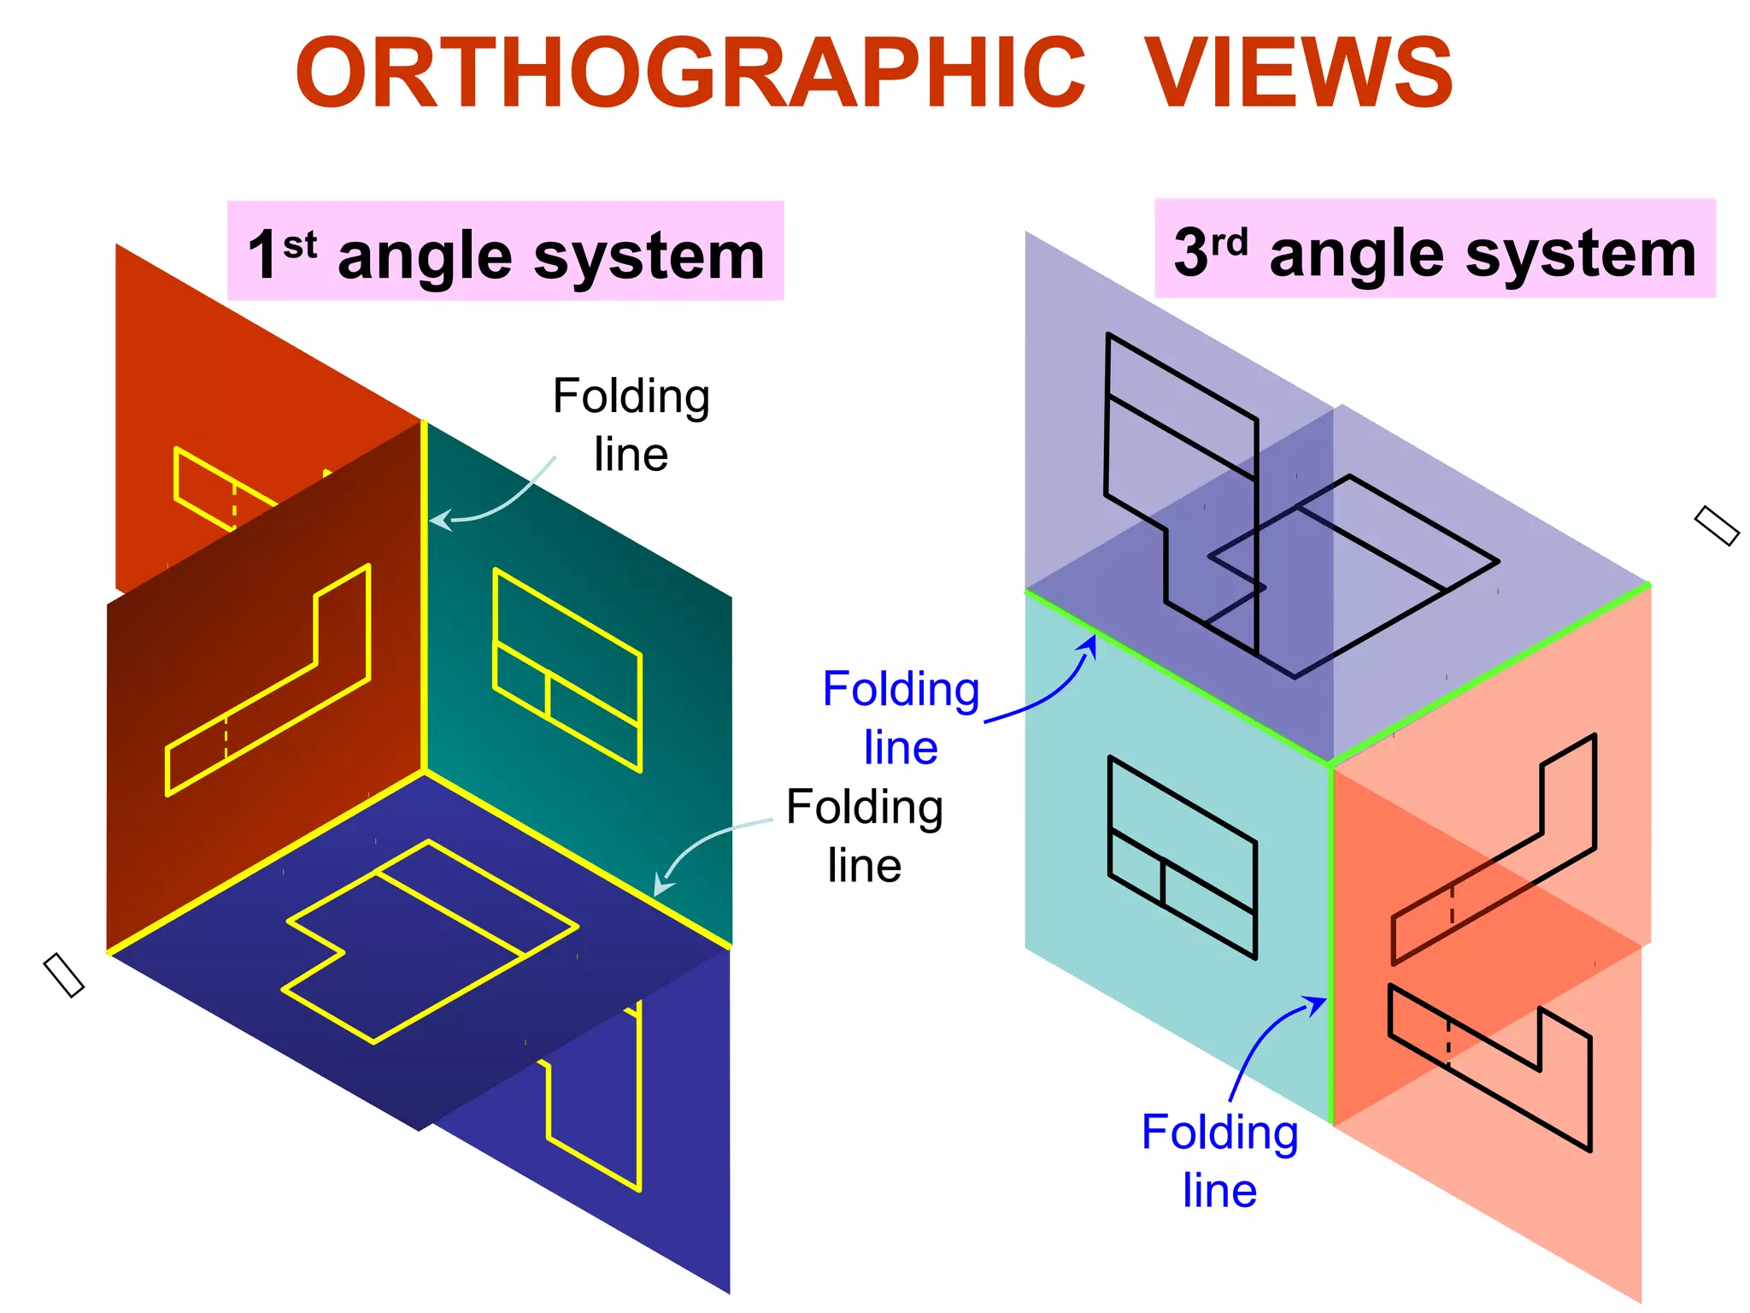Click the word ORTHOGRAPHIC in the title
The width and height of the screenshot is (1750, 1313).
pos(690,74)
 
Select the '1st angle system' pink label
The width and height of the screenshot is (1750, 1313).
pos(505,251)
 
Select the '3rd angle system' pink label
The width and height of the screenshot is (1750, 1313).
pos(1435,250)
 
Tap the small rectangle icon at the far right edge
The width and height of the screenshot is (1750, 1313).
pos(1716,526)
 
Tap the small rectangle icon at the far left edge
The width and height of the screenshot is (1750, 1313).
pos(63,975)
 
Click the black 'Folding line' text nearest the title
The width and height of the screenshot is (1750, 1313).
pos(631,425)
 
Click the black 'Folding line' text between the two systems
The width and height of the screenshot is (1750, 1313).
pos(864,836)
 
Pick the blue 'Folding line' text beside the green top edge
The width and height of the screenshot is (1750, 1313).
pos(901,718)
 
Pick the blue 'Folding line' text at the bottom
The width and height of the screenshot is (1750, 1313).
pos(1219,1161)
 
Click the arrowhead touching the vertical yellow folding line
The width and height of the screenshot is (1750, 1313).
pos(438,519)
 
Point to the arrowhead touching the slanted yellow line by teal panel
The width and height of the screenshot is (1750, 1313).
pos(661,886)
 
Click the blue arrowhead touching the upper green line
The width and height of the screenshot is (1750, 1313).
pos(1090,644)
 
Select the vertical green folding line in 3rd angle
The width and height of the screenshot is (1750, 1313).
pos(1330,940)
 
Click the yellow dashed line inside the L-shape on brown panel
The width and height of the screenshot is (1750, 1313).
pos(226,737)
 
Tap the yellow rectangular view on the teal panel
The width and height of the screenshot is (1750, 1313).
pos(567,670)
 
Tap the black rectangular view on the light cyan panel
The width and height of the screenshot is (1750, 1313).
pos(1182,857)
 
